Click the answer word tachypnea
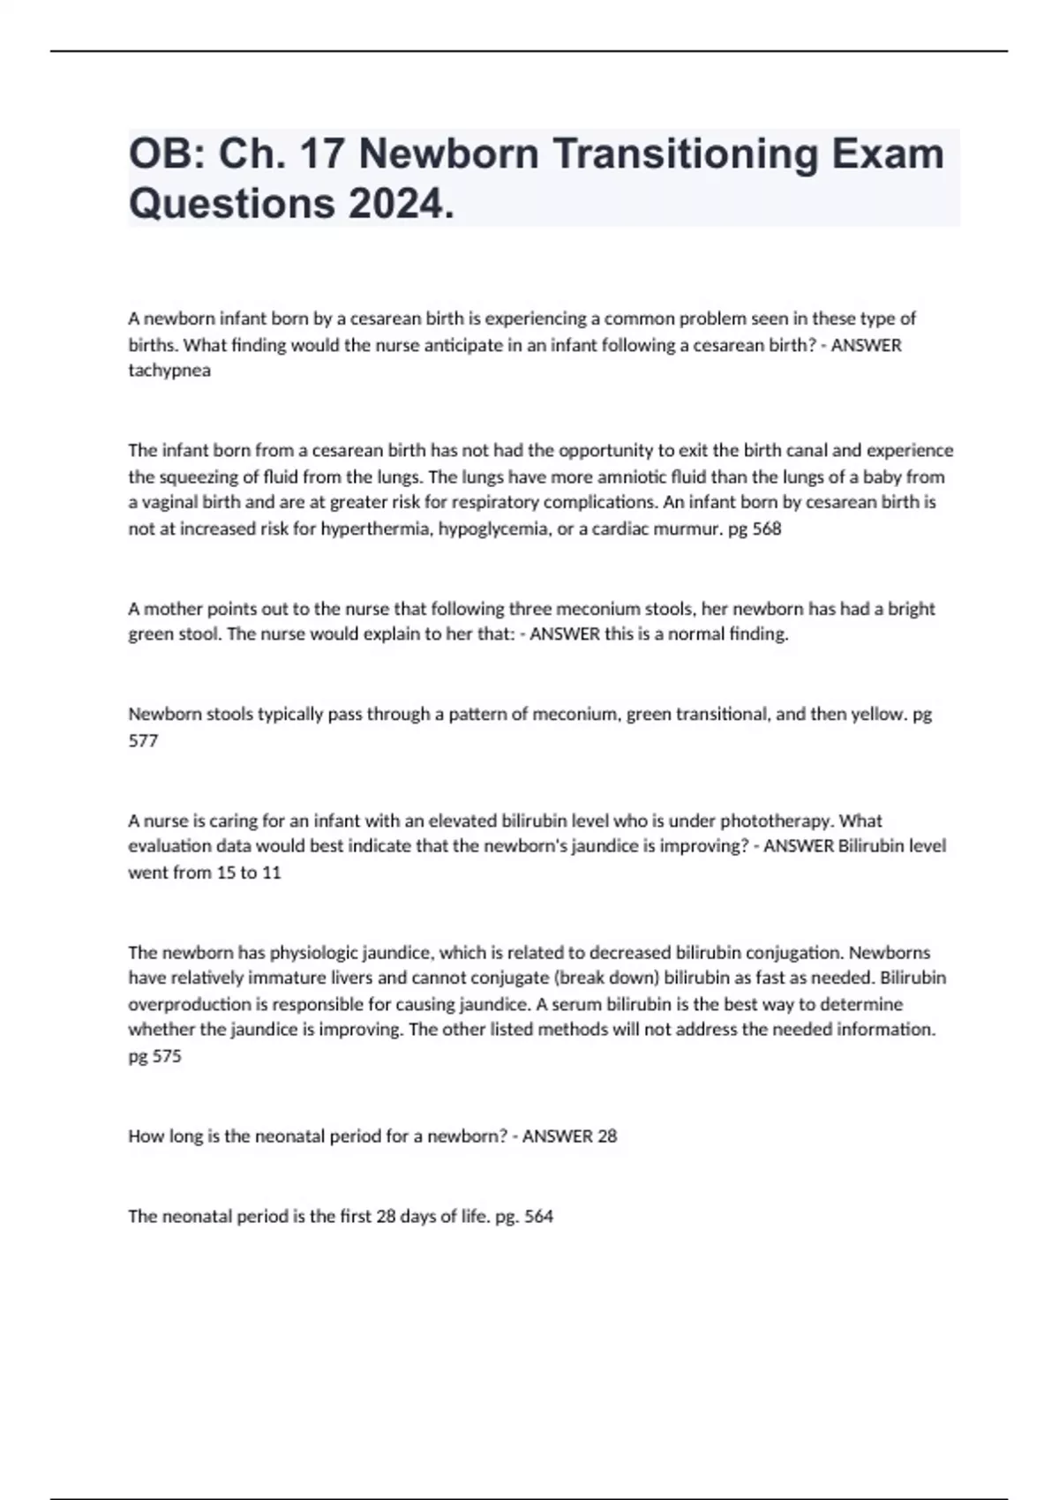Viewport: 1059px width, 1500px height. (x=169, y=371)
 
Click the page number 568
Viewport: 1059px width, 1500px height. (x=767, y=529)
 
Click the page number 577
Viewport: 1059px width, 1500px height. (x=143, y=741)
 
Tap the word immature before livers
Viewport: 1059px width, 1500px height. (x=261, y=978)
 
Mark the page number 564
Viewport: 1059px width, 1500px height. (x=538, y=1217)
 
